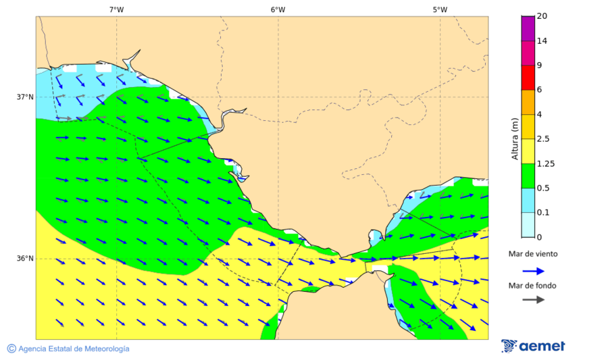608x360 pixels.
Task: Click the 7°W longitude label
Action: tap(116, 9)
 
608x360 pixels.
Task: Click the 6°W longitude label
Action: tap(278, 9)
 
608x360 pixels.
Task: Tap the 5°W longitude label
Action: tap(440, 9)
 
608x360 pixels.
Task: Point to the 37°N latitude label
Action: tap(25, 97)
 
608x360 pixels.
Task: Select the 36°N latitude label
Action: tap(25, 259)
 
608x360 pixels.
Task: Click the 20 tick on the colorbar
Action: tap(542, 16)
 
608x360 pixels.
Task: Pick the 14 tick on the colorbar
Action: tap(542, 41)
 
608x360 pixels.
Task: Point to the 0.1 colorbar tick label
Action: tap(544, 213)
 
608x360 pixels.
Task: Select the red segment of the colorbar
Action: tap(528, 77)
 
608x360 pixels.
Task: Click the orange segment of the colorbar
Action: tap(528, 102)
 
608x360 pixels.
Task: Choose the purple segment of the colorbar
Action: tap(528, 28)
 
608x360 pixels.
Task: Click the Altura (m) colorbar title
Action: tap(515, 139)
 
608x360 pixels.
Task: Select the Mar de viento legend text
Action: tap(533, 254)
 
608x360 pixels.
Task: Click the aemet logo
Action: tap(533, 346)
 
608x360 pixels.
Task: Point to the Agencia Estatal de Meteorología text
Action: tap(74, 349)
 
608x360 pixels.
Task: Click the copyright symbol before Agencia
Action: tap(11, 349)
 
